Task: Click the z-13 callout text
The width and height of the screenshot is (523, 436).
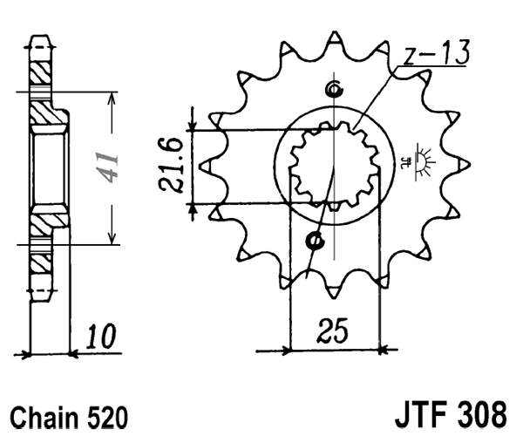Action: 436,54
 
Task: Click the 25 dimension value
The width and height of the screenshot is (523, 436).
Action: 333,331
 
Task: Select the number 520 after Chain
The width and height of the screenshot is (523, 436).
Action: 108,415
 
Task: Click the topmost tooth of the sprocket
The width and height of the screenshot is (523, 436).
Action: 333,40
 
